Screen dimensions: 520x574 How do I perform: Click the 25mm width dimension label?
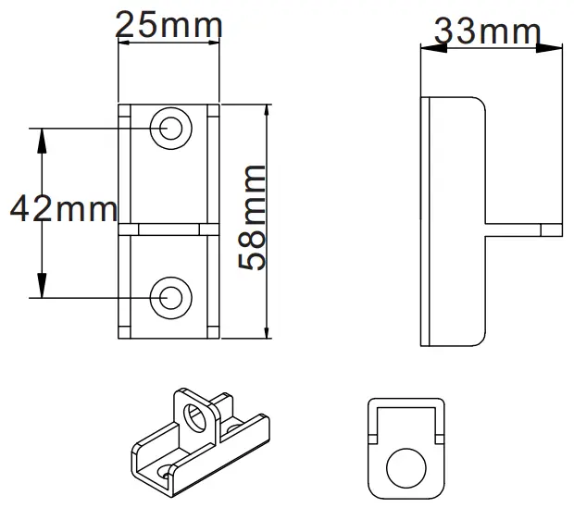pos(168,25)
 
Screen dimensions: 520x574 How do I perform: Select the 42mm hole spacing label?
pos(62,210)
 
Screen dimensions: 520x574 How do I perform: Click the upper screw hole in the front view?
pos(171,128)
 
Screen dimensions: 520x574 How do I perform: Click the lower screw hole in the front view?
pos(170,297)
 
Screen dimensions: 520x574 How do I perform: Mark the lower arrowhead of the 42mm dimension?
pos(41,290)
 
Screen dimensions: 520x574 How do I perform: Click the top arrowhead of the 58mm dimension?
pos(268,112)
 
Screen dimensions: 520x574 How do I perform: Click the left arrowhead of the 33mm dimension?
pos(427,45)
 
